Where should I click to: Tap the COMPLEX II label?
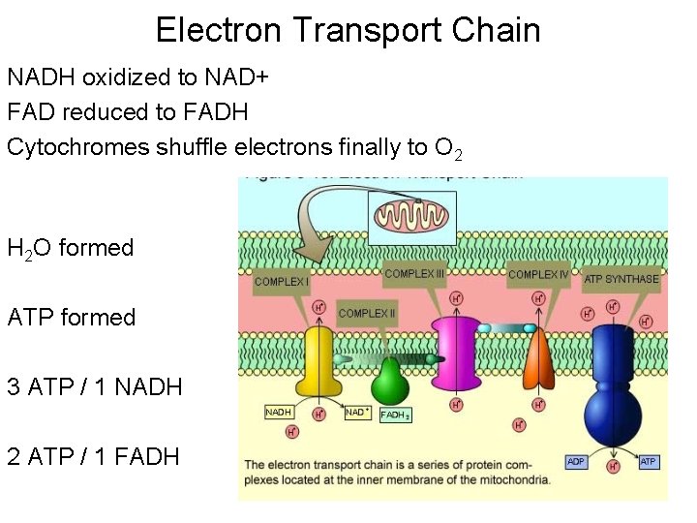[368, 314]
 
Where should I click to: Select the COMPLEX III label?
[414, 274]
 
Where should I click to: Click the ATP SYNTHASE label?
[621, 279]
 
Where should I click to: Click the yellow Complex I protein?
[320, 363]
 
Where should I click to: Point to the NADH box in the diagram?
[279, 413]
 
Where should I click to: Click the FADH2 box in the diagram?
[396, 415]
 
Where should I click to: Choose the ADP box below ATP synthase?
[576, 462]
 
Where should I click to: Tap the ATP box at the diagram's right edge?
[649, 462]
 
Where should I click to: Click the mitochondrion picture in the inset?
[411, 217]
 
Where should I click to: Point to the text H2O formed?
[70, 248]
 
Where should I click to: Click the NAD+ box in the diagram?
[355, 413]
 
